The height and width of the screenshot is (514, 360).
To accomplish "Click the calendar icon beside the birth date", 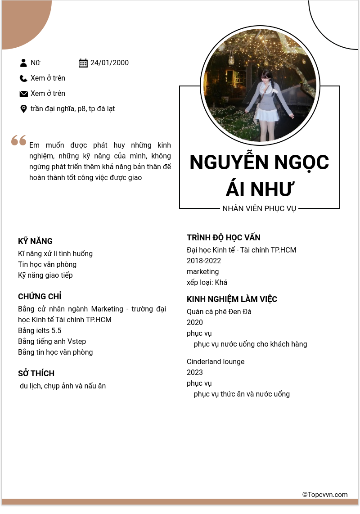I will [x=83, y=63].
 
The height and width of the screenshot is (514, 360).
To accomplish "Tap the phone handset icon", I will [x=23, y=78].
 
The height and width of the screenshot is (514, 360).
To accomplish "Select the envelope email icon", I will [x=23, y=94].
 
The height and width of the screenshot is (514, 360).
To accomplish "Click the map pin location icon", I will [x=23, y=109].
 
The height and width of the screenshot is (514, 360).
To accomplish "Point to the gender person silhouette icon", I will [x=23, y=63].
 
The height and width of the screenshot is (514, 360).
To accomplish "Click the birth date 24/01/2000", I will [x=109, y=63].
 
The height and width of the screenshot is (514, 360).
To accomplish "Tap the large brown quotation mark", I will [x=19, y=140].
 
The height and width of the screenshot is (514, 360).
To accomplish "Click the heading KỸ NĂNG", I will [x=35, y=241].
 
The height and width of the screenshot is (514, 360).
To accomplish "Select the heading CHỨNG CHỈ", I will [x=40, y=297].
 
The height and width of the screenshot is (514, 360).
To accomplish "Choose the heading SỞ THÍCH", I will [x=36, y=374].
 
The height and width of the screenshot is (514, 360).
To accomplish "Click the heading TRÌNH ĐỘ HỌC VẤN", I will [x=224, y=238].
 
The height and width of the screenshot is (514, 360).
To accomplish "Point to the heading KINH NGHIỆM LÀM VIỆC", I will [x=232, y=299].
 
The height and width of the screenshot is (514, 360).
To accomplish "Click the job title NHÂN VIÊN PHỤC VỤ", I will [x=259, y=209].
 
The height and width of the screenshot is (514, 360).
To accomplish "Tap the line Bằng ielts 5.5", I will [x=40, y=330].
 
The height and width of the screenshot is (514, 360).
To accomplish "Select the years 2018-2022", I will [x=204, y=261].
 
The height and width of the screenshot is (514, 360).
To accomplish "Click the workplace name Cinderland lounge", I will [x=216, y=362].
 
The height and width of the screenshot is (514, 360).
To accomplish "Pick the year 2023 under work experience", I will [x=195, y=373].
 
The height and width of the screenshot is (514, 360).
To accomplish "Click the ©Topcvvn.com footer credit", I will [x=325, y=495].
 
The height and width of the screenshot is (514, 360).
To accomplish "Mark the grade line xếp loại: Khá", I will [x=207, y=283].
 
